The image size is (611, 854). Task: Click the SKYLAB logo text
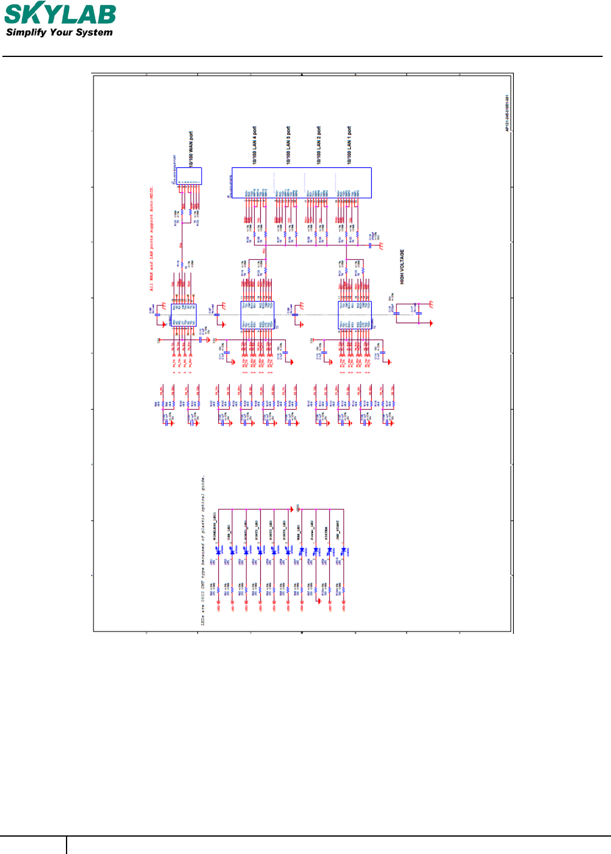[60, 14]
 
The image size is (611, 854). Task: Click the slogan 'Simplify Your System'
[59, 32]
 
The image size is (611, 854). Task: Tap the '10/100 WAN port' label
[191, 149]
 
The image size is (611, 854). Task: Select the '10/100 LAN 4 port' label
[255, 145]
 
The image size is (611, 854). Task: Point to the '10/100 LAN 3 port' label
[288, 145]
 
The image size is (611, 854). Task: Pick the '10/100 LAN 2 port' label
[319, 145]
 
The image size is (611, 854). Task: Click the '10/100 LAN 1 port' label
[350, 145]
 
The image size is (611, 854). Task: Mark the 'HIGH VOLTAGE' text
[402, 267]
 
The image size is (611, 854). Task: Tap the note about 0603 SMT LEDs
[203, 552]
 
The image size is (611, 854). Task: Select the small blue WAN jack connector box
[189, 176]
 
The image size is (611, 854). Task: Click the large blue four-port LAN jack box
[302, 182]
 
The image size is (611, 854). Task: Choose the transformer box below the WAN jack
[183, 314]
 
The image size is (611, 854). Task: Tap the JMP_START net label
[338, 531]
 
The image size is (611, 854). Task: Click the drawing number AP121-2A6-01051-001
[507, 113]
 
